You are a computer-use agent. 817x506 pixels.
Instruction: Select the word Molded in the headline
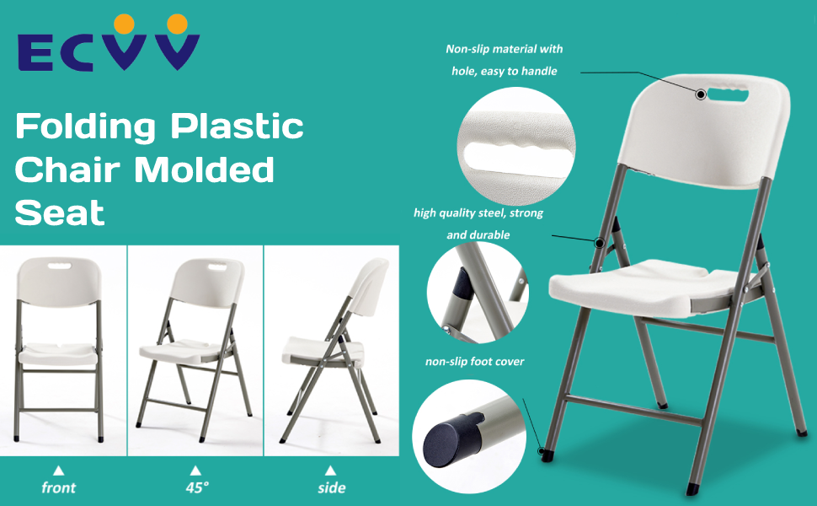coord(205,170)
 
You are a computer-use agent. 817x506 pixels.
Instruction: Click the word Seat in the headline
coord(60,213)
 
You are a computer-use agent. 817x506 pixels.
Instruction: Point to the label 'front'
coord(58,487)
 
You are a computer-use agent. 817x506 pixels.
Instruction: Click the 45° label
coord(195,487)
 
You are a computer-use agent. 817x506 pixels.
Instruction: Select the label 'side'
coord(331,487)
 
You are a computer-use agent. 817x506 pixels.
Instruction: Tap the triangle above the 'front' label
coord(58,470)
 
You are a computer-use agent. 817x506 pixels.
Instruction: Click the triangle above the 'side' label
coord(331,470)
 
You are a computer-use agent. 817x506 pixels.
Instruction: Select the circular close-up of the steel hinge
coord(477,292)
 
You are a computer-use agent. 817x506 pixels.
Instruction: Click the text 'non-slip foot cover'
coord(474,362)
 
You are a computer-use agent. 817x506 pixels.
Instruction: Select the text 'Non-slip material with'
coord(504,50)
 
